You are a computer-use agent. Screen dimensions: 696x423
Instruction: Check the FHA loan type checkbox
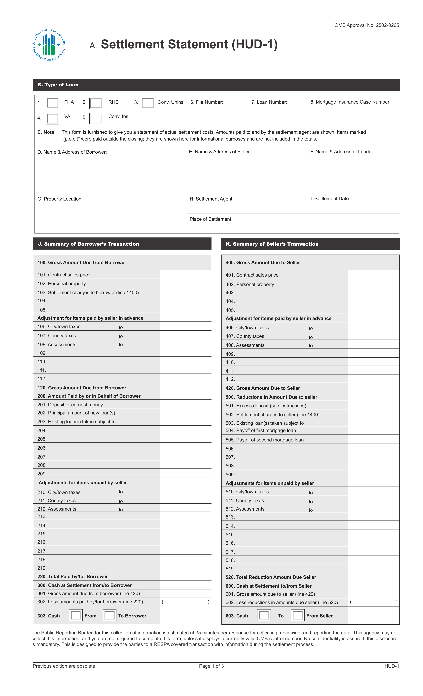point(53,103)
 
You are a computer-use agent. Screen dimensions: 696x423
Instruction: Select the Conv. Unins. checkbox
point(147,103)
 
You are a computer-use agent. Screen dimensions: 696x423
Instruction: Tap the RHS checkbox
point(96,103)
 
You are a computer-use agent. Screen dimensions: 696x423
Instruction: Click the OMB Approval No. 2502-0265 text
point(366,25)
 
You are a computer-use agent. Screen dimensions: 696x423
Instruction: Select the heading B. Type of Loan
point(58,85)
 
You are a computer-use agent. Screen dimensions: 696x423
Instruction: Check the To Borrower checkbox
point(110,615)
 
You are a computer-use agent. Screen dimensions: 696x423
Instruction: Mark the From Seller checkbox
point(298,615)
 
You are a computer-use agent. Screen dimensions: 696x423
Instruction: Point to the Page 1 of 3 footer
point(211,666)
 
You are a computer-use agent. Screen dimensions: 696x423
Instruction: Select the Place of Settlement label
point(211,219)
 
